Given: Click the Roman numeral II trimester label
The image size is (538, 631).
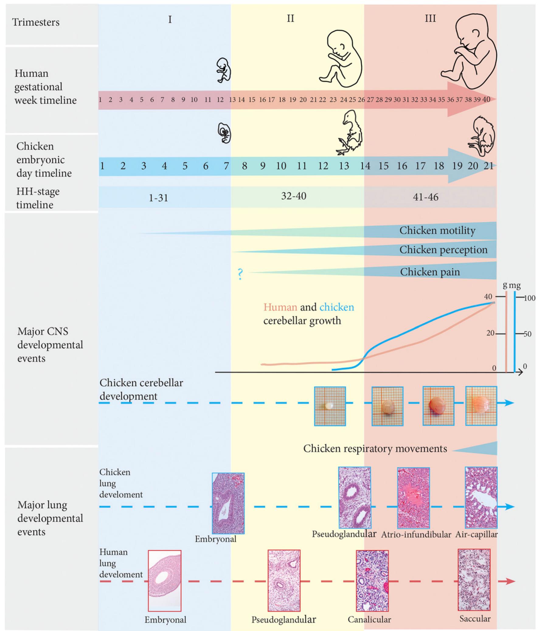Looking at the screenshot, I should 290,19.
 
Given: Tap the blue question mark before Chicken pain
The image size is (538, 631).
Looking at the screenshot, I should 240,274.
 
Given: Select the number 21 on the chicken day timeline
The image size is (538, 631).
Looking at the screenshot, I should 489,166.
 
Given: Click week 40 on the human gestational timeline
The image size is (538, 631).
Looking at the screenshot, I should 486,100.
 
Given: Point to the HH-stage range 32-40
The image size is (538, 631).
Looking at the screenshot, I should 293,196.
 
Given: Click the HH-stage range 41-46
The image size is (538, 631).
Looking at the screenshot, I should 425,197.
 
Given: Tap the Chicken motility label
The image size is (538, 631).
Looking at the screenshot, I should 437,230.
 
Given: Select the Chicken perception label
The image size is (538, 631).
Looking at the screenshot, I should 443,250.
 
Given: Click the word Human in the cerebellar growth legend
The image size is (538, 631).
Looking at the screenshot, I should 280,307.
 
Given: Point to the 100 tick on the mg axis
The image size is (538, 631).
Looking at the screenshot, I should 529,298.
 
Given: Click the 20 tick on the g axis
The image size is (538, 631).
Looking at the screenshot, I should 490,333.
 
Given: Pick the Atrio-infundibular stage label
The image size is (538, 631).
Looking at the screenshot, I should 416,543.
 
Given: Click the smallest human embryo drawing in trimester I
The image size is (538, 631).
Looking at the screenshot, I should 223,70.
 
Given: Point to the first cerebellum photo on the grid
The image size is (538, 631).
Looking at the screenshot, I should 330,406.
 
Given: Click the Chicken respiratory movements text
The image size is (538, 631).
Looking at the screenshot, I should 375,449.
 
